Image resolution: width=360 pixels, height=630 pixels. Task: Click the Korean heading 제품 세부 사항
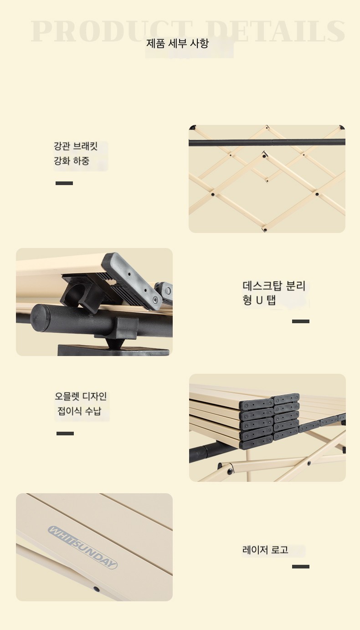[177, 44]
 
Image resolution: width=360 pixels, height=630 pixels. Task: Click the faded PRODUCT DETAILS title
[188, 31]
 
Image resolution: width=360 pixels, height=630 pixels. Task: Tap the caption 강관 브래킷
[76, 146]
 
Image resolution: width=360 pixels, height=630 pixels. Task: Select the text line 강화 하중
[72, 161]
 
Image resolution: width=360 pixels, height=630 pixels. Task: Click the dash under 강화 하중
[64, 183]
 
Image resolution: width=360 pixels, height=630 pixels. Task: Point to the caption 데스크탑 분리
[274, 286]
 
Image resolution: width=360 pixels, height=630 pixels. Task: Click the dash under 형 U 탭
[301, 321]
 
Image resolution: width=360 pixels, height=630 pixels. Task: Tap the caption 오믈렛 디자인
[81, 396]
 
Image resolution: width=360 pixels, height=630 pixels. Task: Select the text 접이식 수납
[79, 411]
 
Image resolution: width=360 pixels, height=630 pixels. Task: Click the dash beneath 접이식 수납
[65, 434]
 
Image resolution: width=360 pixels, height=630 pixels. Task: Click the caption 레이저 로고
[265, 550]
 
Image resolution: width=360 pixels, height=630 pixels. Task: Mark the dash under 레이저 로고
[301, 567]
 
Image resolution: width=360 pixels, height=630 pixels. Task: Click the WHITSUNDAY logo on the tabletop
[82, 547]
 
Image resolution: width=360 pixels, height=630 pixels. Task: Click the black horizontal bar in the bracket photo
[267, 142]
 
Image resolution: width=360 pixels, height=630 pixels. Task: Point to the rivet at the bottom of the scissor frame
[265, 229]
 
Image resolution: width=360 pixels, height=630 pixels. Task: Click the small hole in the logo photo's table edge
[96, 589]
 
